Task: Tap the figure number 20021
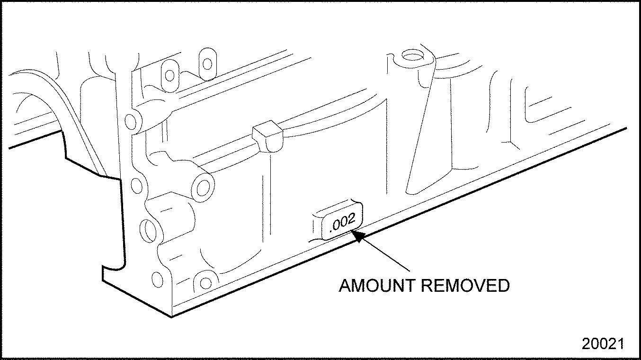[603, 344]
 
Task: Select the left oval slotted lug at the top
[169, 74]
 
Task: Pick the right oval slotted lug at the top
[206, 63]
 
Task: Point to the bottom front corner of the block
[171, 316]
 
